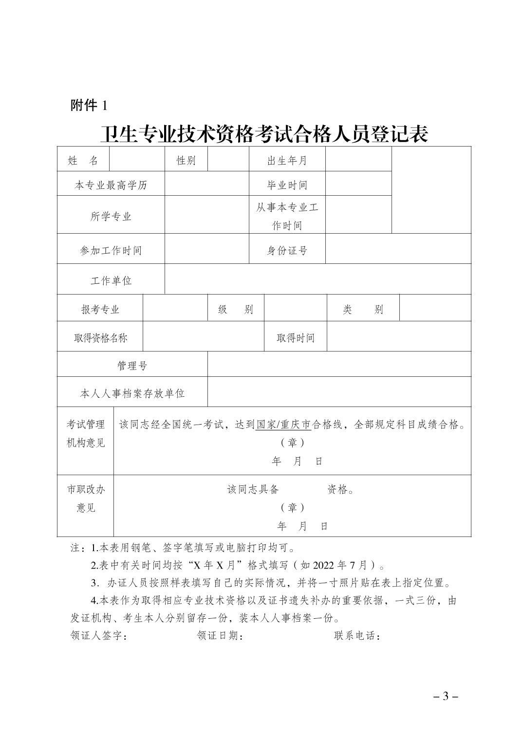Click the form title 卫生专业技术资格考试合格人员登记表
pos(263,133)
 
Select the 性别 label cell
pos(186,160)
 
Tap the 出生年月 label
pos(287,160)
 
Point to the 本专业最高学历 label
pos(111,185)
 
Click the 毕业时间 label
pos(287,185)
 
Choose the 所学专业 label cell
pos(111,216)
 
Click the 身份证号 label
pos(287,251)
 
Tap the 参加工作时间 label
pos(111,251)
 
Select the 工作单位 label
pos(111,281)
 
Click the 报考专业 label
pos(100,310)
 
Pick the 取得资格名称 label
pos(100,338)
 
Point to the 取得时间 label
pos(295,338)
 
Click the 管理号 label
pos(132,366)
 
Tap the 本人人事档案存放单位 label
pos(132,393)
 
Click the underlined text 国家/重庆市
pos(283,425)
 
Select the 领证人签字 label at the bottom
pos(99,636)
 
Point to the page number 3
pos(445,696)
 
